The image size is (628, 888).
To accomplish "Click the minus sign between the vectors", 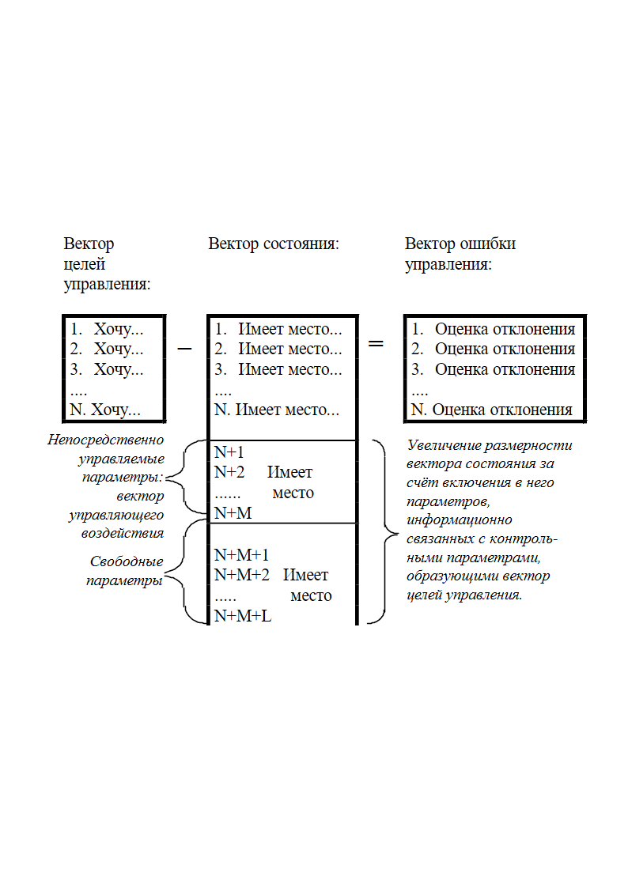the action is coord(184,348).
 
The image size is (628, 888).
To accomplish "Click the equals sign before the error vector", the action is coord(376,343).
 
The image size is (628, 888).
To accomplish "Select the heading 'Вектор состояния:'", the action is coord(274,244).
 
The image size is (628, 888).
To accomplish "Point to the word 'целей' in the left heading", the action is coord(85,264).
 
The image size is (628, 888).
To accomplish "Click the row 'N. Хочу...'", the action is coord(104,410).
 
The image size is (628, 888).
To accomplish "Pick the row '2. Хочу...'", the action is coord(107,349).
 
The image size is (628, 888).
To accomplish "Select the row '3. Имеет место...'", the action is coord(278,369).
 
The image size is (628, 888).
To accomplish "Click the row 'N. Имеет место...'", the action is coord(276,410).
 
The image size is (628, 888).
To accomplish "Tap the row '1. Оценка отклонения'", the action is coord(493,329).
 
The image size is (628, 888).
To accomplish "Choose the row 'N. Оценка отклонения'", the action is coord(491,410).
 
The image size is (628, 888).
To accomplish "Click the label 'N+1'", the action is coord(229,452).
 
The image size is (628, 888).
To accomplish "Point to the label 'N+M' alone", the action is coord(233,513).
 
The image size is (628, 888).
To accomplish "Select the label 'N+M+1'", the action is coord(241,555).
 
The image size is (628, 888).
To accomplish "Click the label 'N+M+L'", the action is coord(242,616).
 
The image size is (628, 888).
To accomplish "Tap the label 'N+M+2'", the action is coord(241,575).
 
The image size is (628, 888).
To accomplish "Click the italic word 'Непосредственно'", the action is coord(105,440).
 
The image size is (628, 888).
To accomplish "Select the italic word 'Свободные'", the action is coord(127,561).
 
